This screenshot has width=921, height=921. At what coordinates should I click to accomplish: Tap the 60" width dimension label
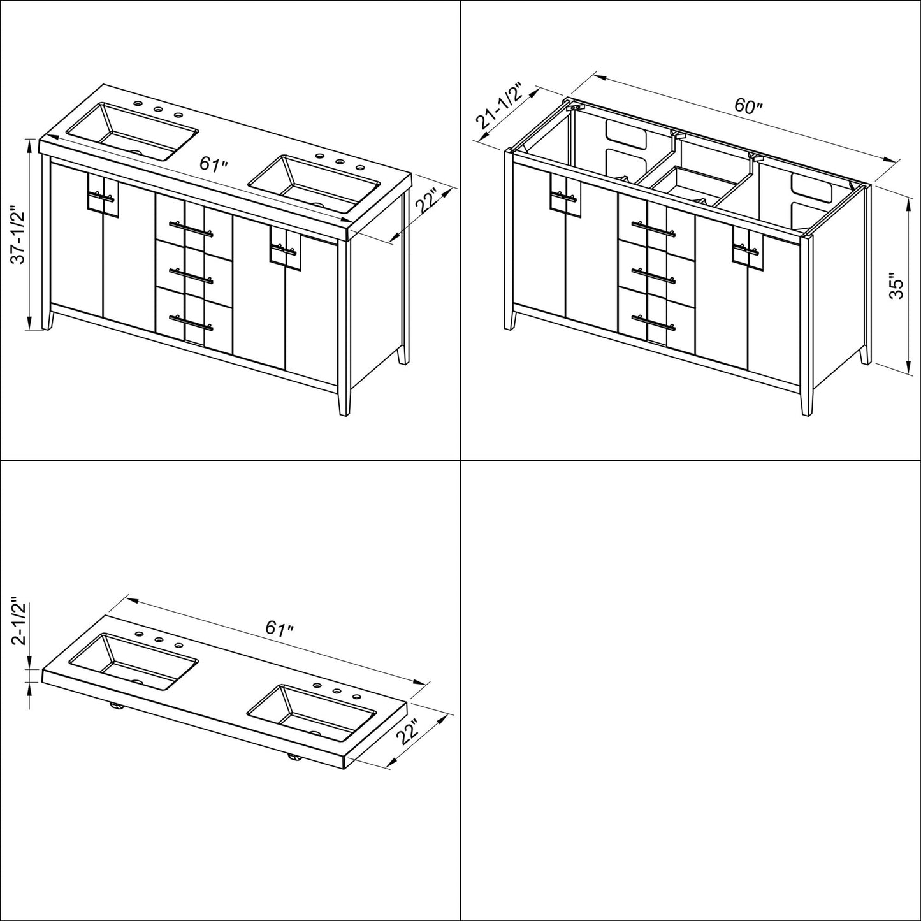click(x=748, y=105)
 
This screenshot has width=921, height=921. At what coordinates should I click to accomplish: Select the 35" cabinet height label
click(x=897, y=286)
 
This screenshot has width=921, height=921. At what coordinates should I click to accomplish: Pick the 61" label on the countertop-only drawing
click(x=279, y=628)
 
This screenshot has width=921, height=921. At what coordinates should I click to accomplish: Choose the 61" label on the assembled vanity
click(x=214, y=164)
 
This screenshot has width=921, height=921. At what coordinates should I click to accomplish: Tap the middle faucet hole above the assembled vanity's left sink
click(x=157, y=109)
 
